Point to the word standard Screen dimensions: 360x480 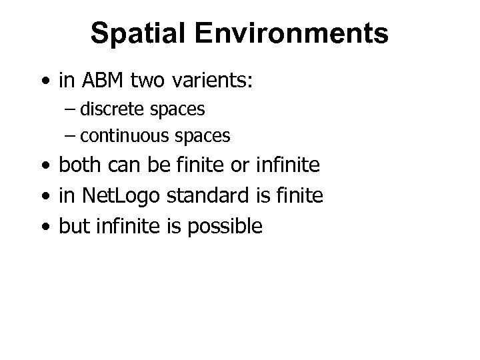click(x=195, y=195)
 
